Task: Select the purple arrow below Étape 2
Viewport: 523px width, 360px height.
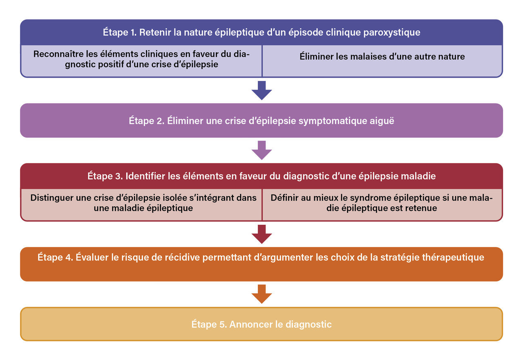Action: [x=261, y=150]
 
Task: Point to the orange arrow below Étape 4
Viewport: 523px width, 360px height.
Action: [x=261, y=294]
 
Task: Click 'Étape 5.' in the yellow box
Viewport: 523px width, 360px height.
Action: [x=209, y=324]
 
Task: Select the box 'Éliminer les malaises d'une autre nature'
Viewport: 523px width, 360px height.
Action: [x=382, y=56]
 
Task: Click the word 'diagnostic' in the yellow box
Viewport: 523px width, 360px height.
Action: [x=308, y=324]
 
